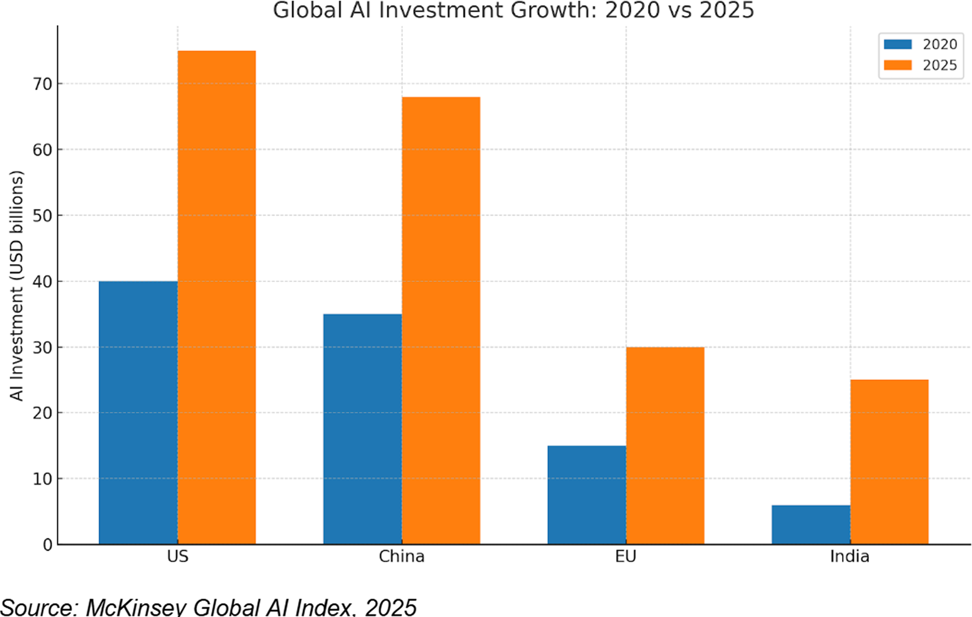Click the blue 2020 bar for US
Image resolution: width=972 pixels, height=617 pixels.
138,412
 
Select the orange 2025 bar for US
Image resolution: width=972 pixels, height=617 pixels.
216,297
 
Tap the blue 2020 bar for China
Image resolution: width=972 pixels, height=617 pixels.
362,429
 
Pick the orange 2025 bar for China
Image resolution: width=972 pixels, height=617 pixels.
441,320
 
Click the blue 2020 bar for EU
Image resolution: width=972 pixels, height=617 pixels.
586,495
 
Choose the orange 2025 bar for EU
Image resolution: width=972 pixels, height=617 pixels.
665,445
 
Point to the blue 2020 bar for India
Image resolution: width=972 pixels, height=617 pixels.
811,525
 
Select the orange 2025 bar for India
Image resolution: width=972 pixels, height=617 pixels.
889,462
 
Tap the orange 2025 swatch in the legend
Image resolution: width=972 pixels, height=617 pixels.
898,65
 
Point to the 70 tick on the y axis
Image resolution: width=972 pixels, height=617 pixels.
43,84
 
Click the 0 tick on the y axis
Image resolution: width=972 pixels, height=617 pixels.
48,545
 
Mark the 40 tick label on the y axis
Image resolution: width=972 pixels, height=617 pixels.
43,282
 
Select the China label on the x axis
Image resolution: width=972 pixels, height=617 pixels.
402,556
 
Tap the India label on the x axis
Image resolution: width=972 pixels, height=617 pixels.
850,556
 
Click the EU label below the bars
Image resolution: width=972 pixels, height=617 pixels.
626,556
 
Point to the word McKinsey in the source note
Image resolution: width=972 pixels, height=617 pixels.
136,607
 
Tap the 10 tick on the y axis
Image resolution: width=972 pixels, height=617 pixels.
43,479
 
